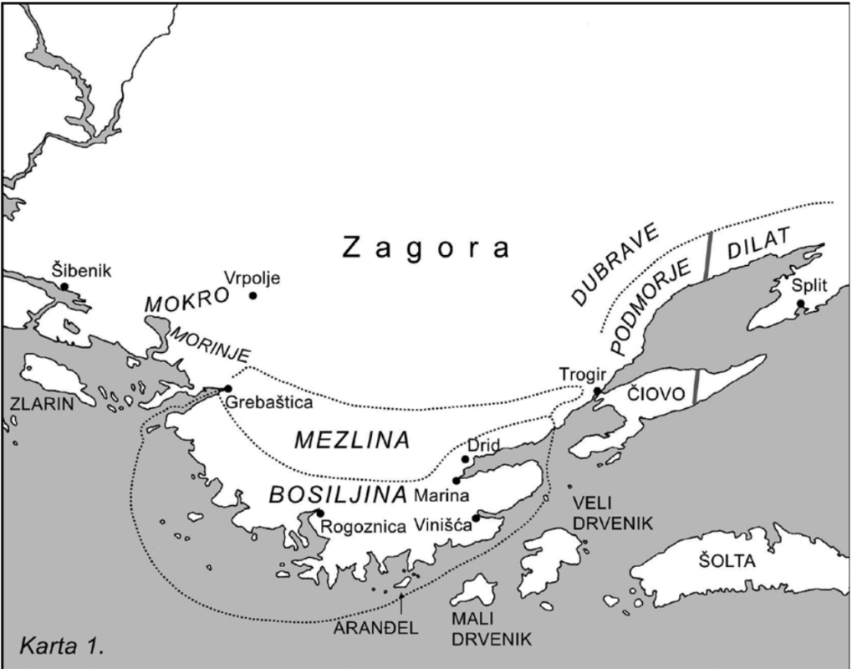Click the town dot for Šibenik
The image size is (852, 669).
pyautogui.click(x=64, y=287)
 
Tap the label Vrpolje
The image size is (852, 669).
pyautogui.click(x=251, y=278)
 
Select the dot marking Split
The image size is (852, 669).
pyautogui.click(x=800, y=304)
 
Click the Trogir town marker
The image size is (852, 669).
pyautogui.click(x=597, y=391)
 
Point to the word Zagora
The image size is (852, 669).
pyautogui.click(x=426, y=248)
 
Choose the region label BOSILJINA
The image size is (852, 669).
pyautogui.click(x=338, y=493)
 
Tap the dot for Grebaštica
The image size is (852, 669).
pyautogui.click(x=228, y=389)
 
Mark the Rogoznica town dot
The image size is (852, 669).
pyautogui.click(x=319, y=513)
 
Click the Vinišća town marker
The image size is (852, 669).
pyautogui.click(x=476, y=518)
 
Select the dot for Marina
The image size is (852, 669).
pyautogui.click(x=456, y=480)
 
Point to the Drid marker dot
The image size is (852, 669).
pyautogui.click(x=466, y=459)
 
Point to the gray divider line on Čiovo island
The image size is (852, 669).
pyautogui.click(x=696, y=388)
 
